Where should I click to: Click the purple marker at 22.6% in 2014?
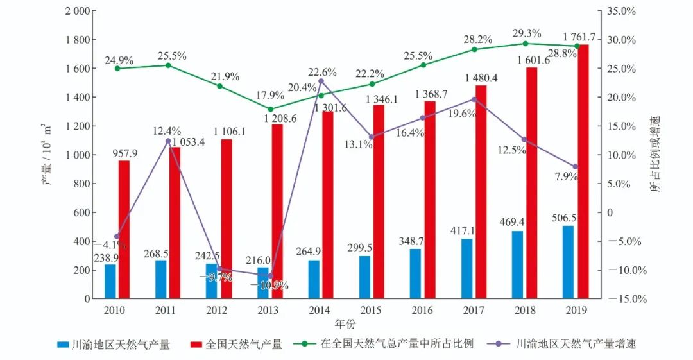[321, 81]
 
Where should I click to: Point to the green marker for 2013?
[270, 109]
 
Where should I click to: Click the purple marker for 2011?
[168, 141]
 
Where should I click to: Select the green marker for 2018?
[525, 44]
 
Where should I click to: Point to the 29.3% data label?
[527, 33]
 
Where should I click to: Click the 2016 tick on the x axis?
[423, 310]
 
